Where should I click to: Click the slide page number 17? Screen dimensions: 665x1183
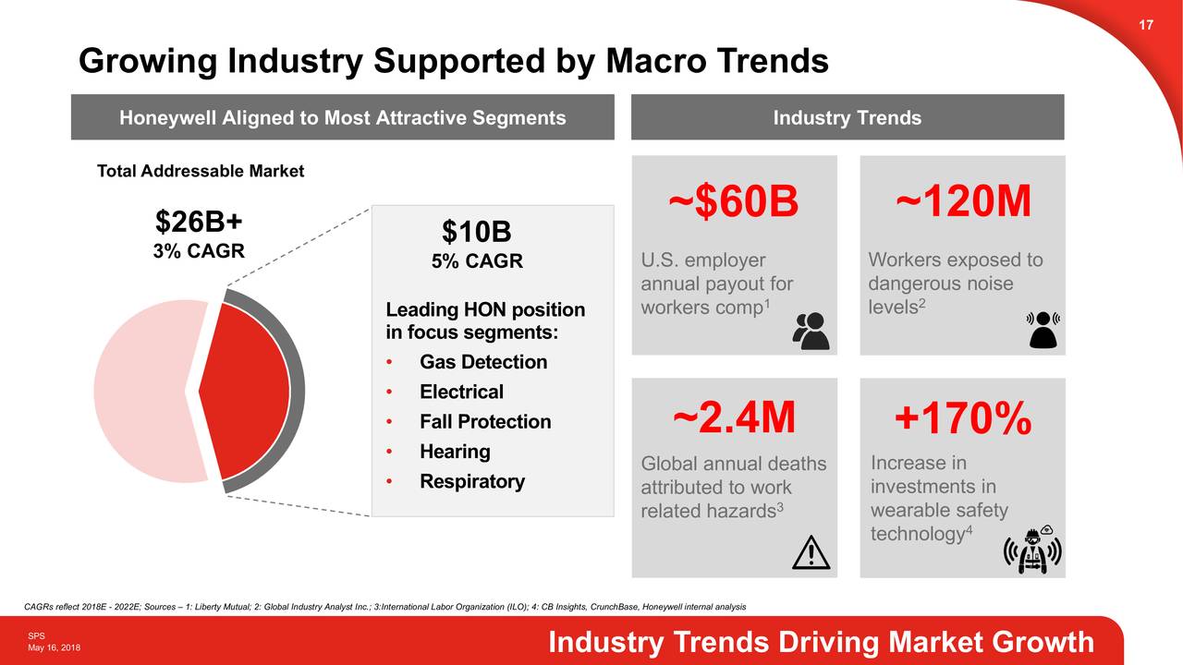[1146, 25]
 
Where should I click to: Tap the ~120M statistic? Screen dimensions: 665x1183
[962, 202]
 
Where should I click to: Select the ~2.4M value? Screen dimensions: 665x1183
[734, 418]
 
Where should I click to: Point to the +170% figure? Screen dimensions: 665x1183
[962, 420]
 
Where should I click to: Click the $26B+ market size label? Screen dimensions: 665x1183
[199, 223]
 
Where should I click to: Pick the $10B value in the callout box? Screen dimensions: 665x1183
[476, 231]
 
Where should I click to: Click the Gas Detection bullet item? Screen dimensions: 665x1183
[482, 362]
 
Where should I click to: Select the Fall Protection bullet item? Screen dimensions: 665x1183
[484, 422]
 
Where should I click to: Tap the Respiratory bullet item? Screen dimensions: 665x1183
[471, 481]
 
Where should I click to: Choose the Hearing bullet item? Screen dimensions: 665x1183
[455, 452]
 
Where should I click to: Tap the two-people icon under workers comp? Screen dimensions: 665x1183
[811, 331]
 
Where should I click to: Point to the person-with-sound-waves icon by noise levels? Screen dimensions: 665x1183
[1043, 329]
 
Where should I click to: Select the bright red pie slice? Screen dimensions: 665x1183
[245, 393]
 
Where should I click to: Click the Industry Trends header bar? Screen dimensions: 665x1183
[847, 117]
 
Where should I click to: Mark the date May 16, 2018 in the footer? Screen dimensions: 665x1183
[54, 647]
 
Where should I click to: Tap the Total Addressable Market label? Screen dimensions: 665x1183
[201, 172]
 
